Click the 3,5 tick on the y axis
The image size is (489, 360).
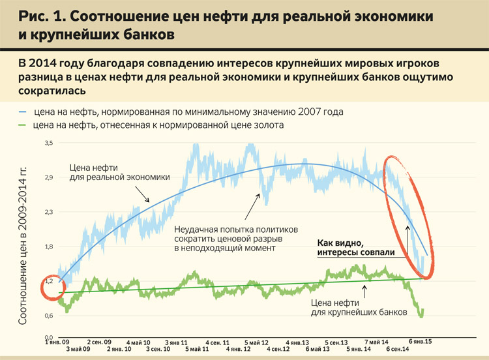pos(49,143)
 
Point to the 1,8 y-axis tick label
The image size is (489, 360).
pos(49,247)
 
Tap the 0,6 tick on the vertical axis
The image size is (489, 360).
pos(49,316)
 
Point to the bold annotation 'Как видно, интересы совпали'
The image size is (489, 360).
pos(357,247)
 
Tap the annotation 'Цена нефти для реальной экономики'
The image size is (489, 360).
pos(119,172)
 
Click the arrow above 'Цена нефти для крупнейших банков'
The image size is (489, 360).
pos(364,290)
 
